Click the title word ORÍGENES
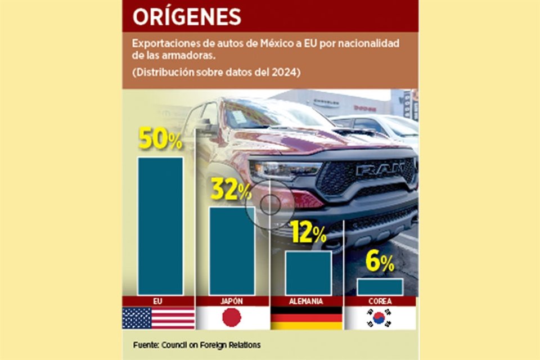coord(187,16)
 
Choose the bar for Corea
coord(380,286)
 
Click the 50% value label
coord(160,139)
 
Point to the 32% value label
coord(231,190)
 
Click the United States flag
coord(159,318)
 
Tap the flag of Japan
coord(232,318)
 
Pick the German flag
coord(307,318)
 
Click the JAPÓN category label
coord(232,301)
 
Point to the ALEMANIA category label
coord(307,301)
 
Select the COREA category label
coord(380,301)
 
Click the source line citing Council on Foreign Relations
coord(197,344)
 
